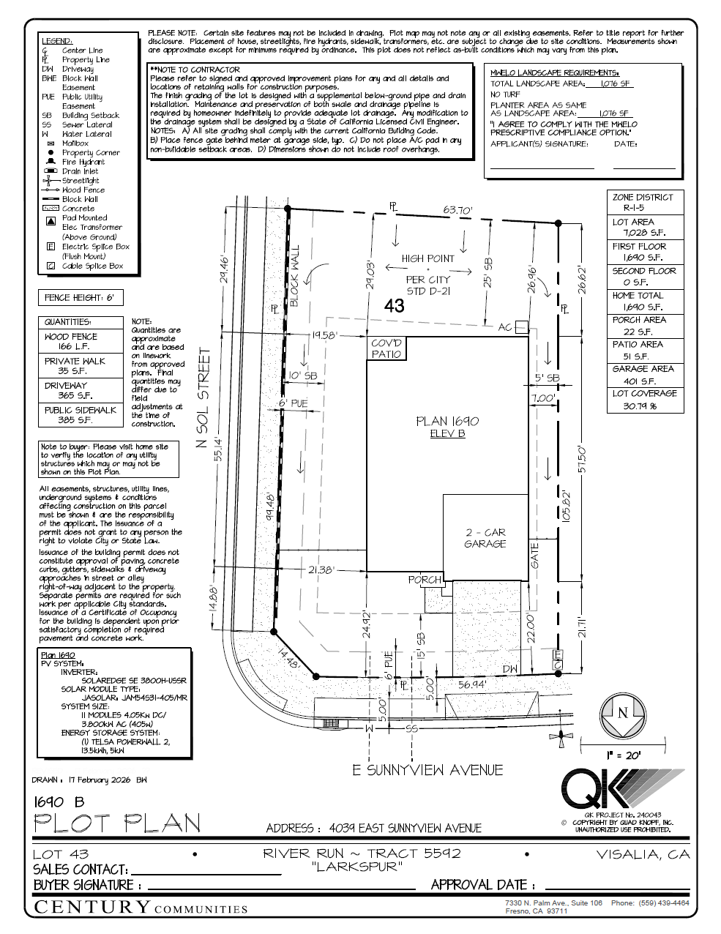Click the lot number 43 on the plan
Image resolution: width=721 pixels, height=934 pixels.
click(394, 306)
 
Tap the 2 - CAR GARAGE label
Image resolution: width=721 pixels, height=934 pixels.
click(485, 538)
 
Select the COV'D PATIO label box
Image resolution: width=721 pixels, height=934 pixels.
click(386, 348)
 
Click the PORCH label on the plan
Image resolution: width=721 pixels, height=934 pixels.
click(425, 579)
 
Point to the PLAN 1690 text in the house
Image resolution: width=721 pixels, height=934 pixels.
click(447, 421)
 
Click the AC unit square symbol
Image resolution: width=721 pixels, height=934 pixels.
click(521, 326)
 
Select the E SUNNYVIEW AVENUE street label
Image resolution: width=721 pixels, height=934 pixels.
click(427, 770)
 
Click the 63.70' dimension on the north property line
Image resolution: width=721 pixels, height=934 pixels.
click(457, 210)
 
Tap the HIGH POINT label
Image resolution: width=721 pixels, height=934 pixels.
click(427, 258)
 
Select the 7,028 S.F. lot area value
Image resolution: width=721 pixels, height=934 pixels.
click(638, 233)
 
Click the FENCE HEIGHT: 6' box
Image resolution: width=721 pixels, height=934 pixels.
click(80, 298)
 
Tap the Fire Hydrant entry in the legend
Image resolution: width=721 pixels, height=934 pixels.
click(83, 162)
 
